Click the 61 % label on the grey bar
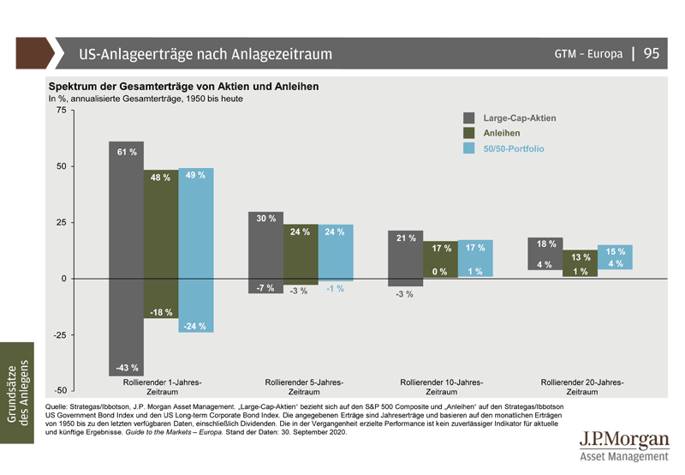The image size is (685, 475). (x=127, y=153)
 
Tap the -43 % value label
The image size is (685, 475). (x=127, y=368)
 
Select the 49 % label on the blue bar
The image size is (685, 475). (x=195, y=175)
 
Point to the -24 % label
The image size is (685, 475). (x=195, y=325)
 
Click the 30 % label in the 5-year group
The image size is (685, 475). (x=266, y=219)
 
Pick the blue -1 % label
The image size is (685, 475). (x=335, y=289)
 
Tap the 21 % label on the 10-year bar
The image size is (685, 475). (x=406, y=237)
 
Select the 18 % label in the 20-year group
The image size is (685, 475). (x=546, y=244)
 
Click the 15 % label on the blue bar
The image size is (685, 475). (x=616, y=251)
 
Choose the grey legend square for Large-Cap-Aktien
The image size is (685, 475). (x=469, y=117)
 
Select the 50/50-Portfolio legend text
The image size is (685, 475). (x=514, y=148)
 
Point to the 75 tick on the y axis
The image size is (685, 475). (x=60, y=111)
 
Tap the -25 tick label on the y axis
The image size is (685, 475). (x=57, y=335)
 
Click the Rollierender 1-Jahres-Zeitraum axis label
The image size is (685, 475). (x=161, y=387)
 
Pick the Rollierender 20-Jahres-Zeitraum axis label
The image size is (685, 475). (x=582, y=387)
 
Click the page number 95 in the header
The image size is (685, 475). (x=652, y=53)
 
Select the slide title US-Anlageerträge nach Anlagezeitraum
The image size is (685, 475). (x=205, y=54)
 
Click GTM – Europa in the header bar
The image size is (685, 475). (x=589, y=54)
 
